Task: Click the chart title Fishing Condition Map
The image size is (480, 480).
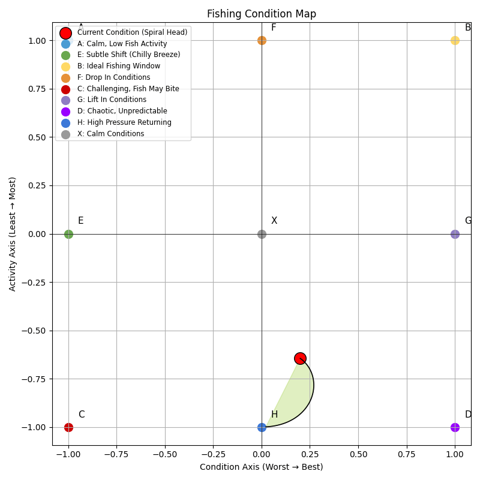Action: pyautogui.click(x=261, y=14)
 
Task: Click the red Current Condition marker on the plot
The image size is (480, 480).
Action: pyautogui.click(x=300, y=358)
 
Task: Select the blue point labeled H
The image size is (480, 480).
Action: pyautogui.click(x=262, y=427)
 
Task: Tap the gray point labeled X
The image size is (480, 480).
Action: pyautogui.click(x=262, y=234)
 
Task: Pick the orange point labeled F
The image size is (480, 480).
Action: pyautogui.click(x=262, y=40)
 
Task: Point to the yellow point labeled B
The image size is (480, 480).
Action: pyautogui.click(x=455, y=40)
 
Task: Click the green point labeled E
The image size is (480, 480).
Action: pyautogui.click(x=68, y=234)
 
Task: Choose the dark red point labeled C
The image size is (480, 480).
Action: pyautogui.click(x=68, y=427)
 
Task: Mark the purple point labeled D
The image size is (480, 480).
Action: pyautogui.click(x=455, y=427)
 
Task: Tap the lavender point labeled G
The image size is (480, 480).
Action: pyautogui.click(x=455, y=234)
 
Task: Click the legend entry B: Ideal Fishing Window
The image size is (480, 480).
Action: pyautogui.click(x=119, y=66)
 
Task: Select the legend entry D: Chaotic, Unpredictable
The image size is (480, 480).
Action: pyautogui.click(x=122, y=111)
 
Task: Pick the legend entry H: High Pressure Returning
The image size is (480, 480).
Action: pyautogui.click(x=124, y=122)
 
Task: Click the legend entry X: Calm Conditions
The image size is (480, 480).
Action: pyautogui.click(x=111, y=134)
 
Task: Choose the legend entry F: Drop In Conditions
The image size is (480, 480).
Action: pyautogui.click(x=114, y=77)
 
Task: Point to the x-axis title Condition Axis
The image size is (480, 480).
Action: pyautogui.click(x=261, y=467)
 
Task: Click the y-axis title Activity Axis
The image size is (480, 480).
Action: pyautogui.click(x=13, y=234)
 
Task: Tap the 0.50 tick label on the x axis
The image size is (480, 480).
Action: pyautogui.click(x=358, y=455)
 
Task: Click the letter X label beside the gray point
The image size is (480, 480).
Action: pyautogui.click(x=274, y=221)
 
